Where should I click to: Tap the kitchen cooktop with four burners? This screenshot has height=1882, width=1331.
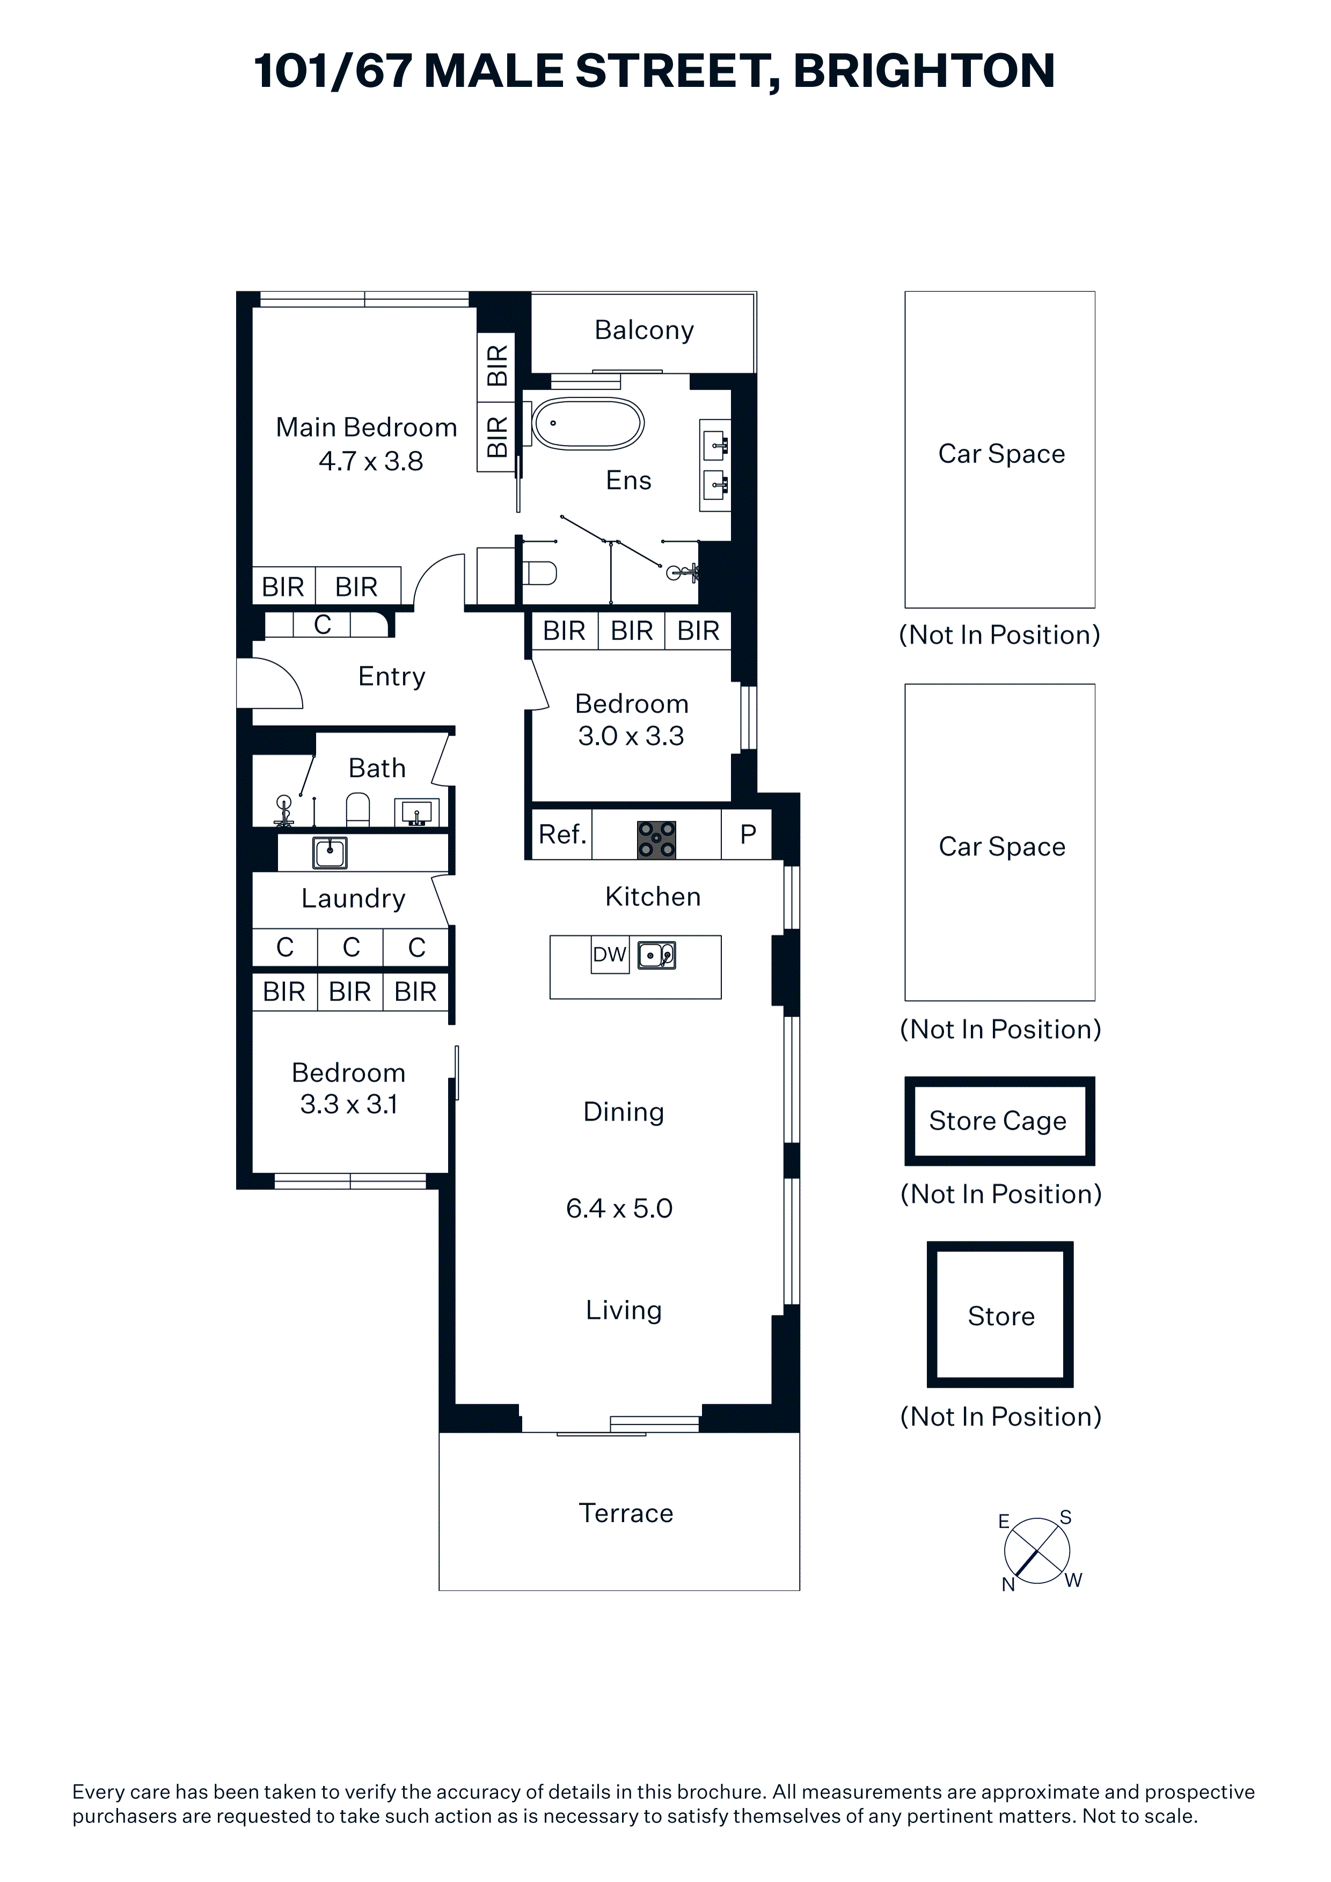click(657, 840)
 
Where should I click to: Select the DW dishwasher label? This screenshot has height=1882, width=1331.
click(609, 955)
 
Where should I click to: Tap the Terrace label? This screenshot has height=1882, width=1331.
click(626, 1512)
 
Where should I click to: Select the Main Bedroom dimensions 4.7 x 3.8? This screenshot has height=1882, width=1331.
click(371, 461)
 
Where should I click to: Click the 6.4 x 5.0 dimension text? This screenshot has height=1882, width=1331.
click(619, 1208)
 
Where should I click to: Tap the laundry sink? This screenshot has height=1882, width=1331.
click(330, 852)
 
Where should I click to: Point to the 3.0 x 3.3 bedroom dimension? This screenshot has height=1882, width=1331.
click(631, 736)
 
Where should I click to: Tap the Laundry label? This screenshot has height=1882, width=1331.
click(353, 899)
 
